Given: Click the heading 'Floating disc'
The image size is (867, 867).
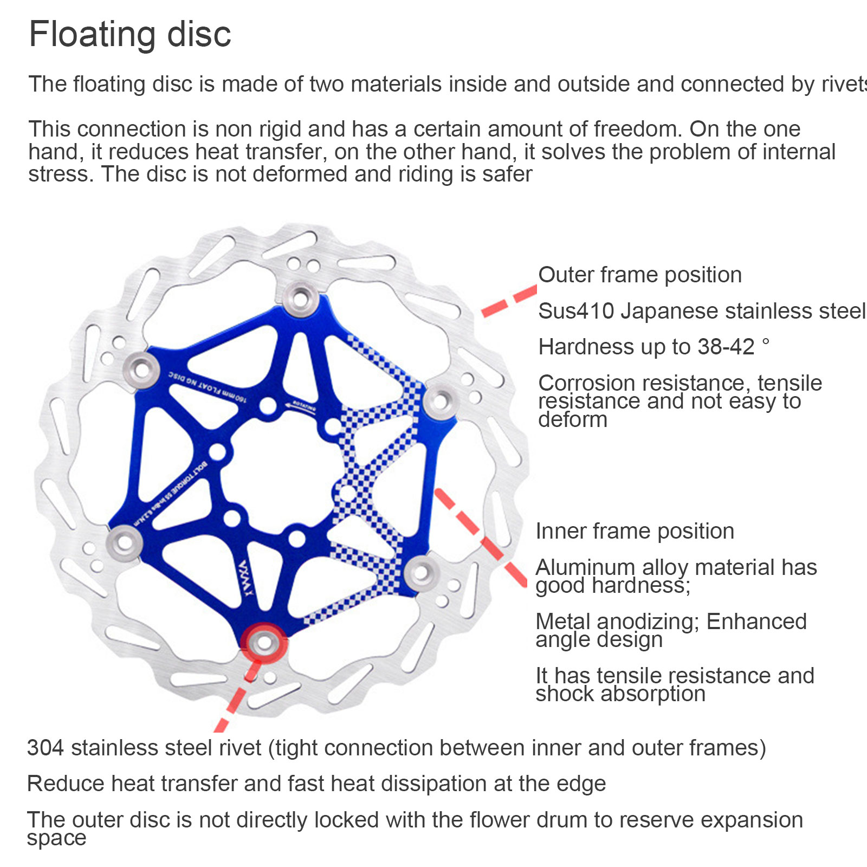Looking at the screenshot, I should click(x=130, y=34).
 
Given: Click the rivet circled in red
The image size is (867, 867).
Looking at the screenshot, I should click(x=264, y=643).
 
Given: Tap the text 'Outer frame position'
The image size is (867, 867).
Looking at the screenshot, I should click(x=639, y=275).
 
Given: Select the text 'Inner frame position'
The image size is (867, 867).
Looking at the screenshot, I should click(x=635, y=531).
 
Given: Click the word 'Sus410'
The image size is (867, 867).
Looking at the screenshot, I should click(x=576, y=311).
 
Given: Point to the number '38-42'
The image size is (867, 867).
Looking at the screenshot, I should click(x=726, y=347).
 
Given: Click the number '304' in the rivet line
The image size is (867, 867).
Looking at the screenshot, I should click(x=46, y=748).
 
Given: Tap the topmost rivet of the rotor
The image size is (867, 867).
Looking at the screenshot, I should click(x=301, y=297).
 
